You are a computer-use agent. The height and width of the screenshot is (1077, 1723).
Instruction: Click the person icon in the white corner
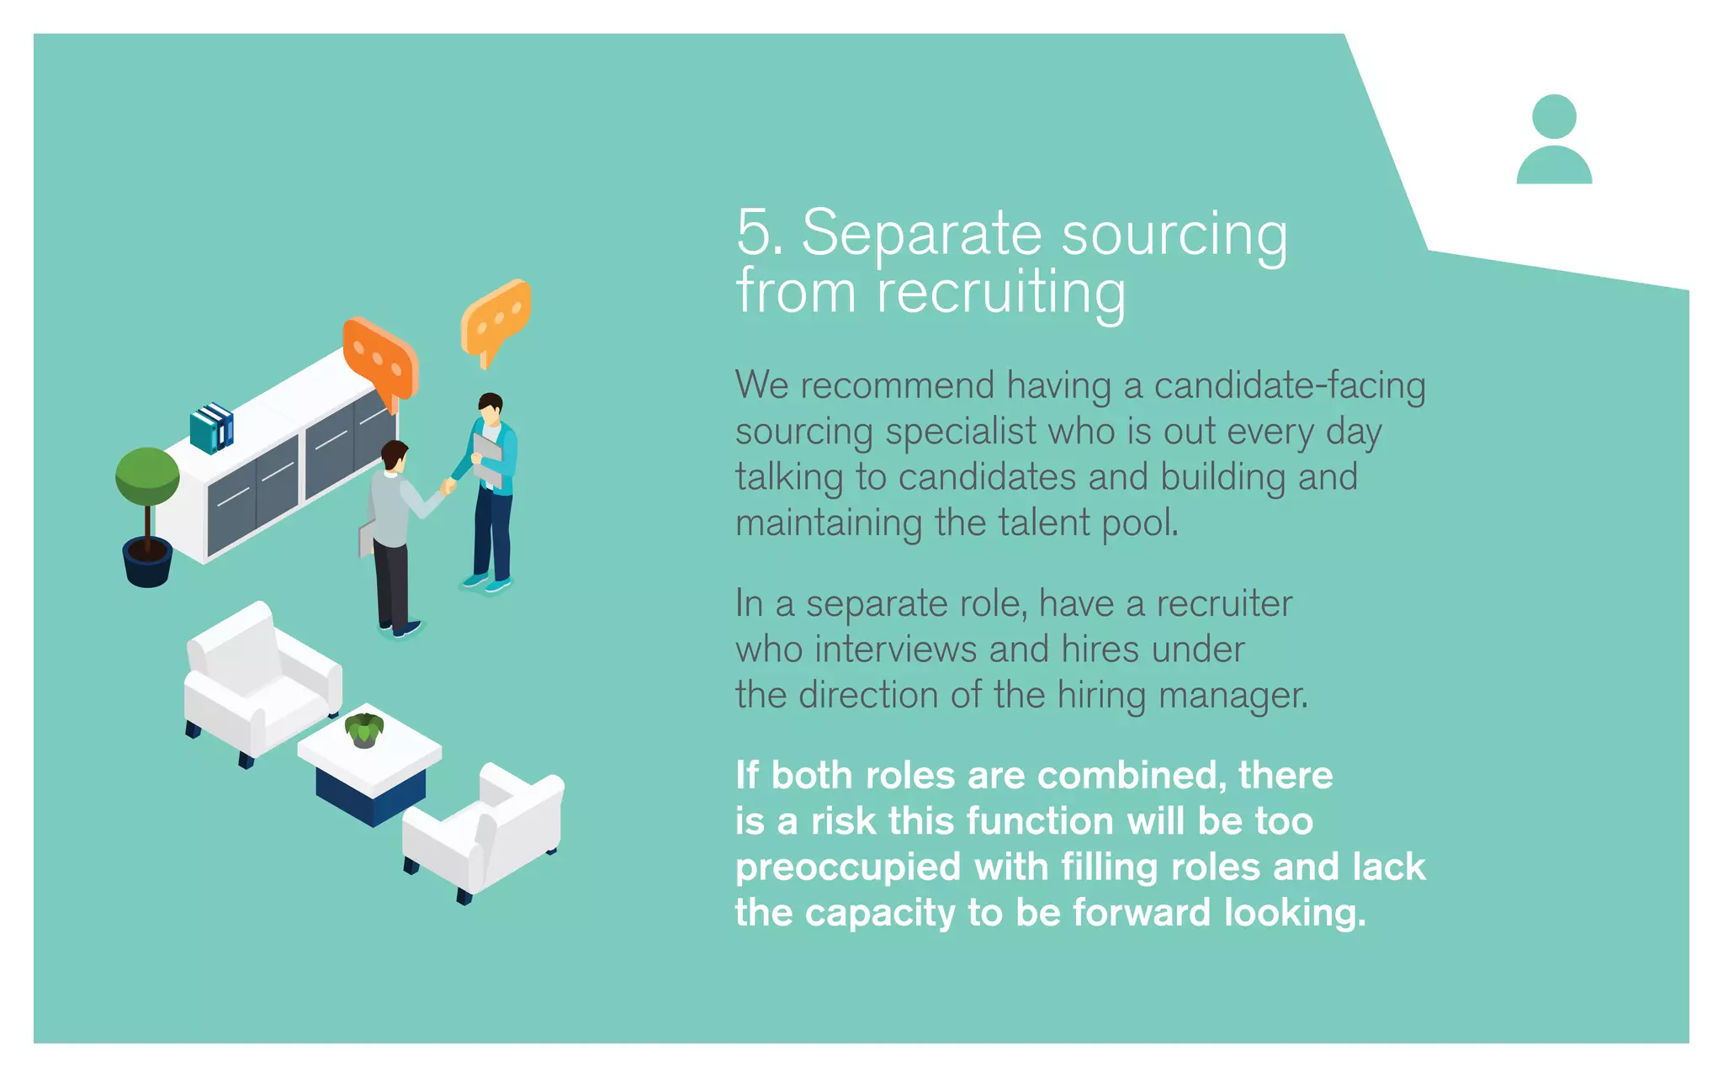tap(1553, 140)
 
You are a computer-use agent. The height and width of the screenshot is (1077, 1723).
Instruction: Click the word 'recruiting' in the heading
tap(1000, 293)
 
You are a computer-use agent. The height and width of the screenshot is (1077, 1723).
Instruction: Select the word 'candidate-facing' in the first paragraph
tap(1289, 386)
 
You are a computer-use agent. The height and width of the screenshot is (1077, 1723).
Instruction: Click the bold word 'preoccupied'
tap(847, 867)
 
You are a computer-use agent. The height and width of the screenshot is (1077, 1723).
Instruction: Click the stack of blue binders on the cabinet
tap(211, 427)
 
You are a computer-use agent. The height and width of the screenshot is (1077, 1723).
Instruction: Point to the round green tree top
tap(147, 476)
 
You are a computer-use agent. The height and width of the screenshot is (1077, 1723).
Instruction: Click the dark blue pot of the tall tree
tap(147, 562)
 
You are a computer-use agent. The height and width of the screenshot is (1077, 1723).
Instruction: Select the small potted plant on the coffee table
tap(364, 729)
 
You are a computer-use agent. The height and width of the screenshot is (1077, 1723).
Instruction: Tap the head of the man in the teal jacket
tap(490, 409)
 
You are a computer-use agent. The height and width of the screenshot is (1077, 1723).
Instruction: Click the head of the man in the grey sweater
tap(394, 456)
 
